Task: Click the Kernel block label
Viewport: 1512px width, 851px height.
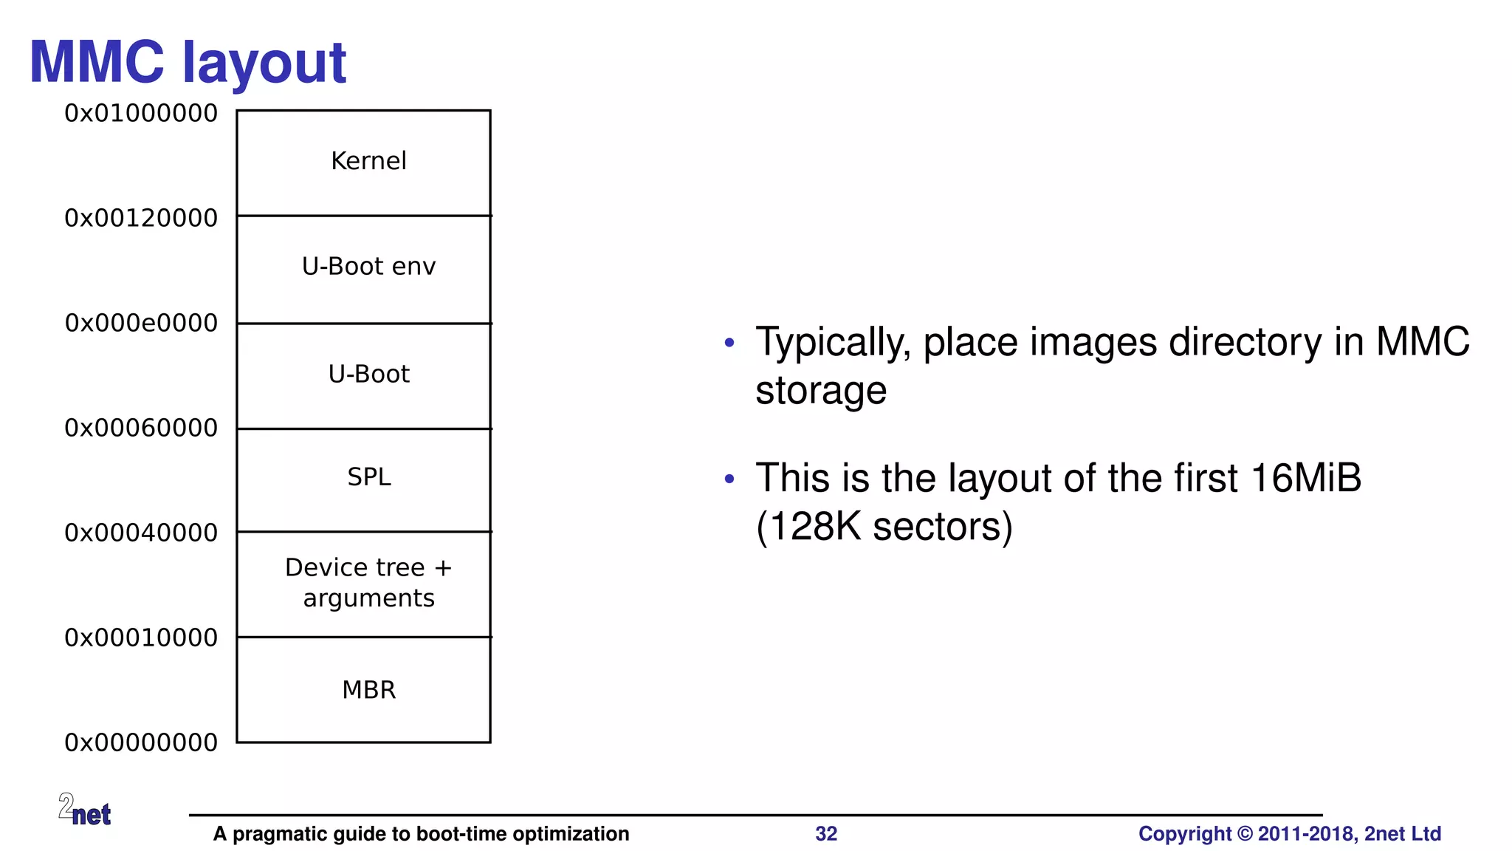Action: [x=368, y=161]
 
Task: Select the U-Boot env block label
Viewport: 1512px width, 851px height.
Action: [x=368, y=267]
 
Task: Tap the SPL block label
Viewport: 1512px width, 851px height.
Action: [x=369, y=477]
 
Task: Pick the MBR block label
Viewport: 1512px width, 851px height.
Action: [x=368, y=690]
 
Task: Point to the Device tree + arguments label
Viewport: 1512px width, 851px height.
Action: [x=368, y=583]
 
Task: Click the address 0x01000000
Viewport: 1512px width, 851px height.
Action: [x=141, y=114]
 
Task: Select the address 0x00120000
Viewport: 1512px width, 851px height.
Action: [x=141, y=219]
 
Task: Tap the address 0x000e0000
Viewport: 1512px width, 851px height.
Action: [x=141, y=324]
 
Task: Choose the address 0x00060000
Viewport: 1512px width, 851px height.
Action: [x=141, y=428]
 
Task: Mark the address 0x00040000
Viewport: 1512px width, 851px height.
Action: [x=141, y=533]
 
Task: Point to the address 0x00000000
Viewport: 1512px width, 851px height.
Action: [x=141, y=743]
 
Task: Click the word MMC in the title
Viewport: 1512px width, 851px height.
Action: [x=97, y=63]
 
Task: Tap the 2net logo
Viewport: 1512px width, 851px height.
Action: [x=85, y=810]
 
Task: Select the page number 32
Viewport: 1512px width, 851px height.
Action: [x=826, y=834]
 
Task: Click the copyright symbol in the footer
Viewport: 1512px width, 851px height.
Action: [x=1245, y=834]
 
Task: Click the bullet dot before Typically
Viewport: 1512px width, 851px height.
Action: [x=729, y=343]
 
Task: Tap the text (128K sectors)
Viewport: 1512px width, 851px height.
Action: [x=884, y=527]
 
